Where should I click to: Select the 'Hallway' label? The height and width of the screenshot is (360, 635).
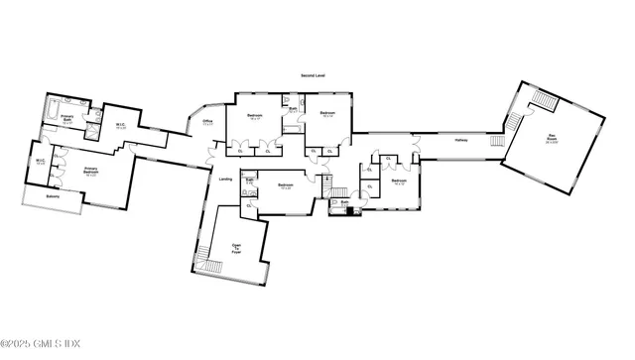coord(461,141)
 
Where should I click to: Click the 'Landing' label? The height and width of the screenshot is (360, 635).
coord(225,180)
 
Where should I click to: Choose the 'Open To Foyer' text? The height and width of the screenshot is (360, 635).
coord(236,249)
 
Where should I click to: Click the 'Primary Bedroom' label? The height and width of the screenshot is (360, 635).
coord(95,171)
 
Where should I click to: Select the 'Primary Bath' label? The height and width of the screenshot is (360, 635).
coord(68,121)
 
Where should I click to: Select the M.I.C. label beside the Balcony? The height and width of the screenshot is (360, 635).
coord(41,161)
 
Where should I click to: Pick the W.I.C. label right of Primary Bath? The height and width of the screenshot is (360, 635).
coord(119,126)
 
